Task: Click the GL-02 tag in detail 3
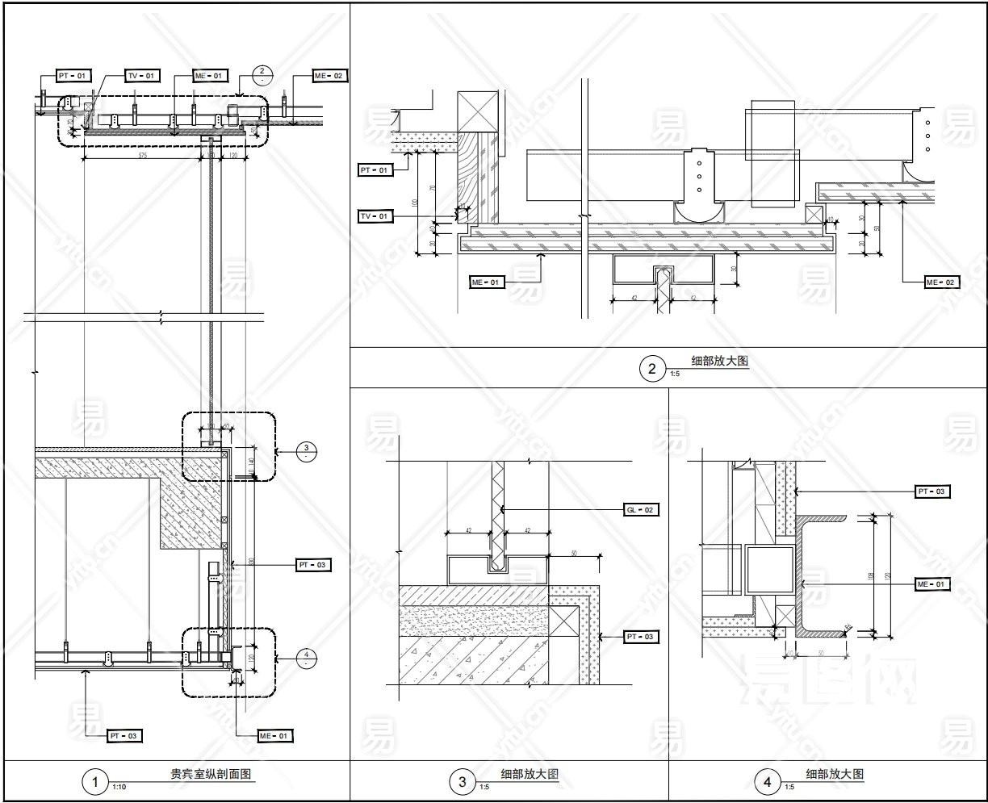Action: [x=640, y=510]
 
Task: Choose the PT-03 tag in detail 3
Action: [x=640, y=638]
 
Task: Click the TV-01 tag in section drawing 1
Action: [x=141, y=75]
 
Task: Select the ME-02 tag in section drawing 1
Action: [x=329, y=76]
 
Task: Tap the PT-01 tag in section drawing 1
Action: [x=72, y=75]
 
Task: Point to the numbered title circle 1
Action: [x=96, y=782]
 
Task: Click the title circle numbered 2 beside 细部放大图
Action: [x=651, y=370]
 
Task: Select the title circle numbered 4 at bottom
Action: [x=767, y=782]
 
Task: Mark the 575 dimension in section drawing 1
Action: [x=142, y=153]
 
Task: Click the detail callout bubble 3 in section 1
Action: [x=305, y=451]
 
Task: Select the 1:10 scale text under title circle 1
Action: [x=119, y=787]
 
